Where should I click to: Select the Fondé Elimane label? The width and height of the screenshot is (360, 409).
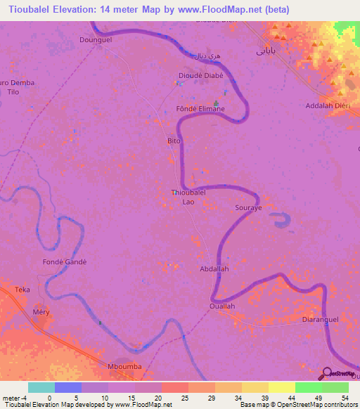tap(200, 109)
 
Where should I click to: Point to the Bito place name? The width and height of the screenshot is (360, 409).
tap(174, 141)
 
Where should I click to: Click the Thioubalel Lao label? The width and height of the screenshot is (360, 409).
tap(188, 197)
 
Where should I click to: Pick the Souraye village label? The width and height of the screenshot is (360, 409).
tap(247, 209)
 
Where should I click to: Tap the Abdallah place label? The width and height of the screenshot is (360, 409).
tap(214, 268)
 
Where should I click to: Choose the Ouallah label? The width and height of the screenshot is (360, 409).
tap(222, 306)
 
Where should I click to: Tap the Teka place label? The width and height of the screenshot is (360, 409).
tap(23, 290)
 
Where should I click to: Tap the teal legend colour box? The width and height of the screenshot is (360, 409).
tap(41, 387)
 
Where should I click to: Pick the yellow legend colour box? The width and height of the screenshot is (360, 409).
tap(282, 387)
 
